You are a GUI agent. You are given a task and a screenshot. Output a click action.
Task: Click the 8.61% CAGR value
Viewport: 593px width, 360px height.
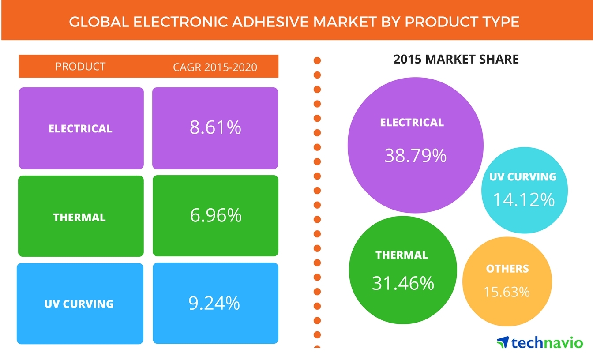click(x=215, y=127)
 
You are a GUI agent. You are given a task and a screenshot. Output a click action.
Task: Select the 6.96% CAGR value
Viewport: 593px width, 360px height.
click(x=216, y=215)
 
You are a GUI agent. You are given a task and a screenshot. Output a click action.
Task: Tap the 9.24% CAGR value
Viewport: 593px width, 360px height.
click(x=215, y=303)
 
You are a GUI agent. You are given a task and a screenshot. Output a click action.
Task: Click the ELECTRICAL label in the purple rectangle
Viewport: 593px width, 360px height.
click(x=80, y=129)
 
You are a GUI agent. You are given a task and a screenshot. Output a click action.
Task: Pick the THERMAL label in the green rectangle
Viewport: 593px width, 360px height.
click(x=79, y=217)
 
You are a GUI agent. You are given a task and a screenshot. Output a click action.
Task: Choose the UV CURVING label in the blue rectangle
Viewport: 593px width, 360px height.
click(x=79, y=304)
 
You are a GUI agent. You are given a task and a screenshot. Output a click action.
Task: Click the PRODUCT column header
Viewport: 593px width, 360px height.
click(x=80, y=67)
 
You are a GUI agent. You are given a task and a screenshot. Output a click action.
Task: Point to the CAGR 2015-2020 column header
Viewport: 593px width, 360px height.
click(x=215, y=67)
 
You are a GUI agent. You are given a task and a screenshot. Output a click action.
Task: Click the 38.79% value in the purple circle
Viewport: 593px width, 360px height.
click(x=415, y=155)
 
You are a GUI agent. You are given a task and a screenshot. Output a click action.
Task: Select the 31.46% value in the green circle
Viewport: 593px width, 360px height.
click(x=403, y=283)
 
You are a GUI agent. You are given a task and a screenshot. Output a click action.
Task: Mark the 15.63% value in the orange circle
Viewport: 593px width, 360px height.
click(x=507, y=292)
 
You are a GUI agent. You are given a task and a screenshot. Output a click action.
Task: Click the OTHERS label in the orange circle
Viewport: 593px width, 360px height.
click(x=507, y=269)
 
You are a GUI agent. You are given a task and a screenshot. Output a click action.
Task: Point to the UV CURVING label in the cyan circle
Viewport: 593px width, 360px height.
click(x=523, y=177)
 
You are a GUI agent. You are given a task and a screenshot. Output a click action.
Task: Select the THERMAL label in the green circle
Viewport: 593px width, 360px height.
click(x=402, y=255)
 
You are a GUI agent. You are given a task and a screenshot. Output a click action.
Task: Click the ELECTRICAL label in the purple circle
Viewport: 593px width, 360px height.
click(x=412, y=123)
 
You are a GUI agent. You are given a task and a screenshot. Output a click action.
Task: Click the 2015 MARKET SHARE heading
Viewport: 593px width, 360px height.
click(x=456, y=59)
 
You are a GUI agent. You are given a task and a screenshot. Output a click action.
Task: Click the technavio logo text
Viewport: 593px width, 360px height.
click(x=547, y=342)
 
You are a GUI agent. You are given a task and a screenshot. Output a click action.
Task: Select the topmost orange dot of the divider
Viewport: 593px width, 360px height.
click(x=317, y=61)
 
